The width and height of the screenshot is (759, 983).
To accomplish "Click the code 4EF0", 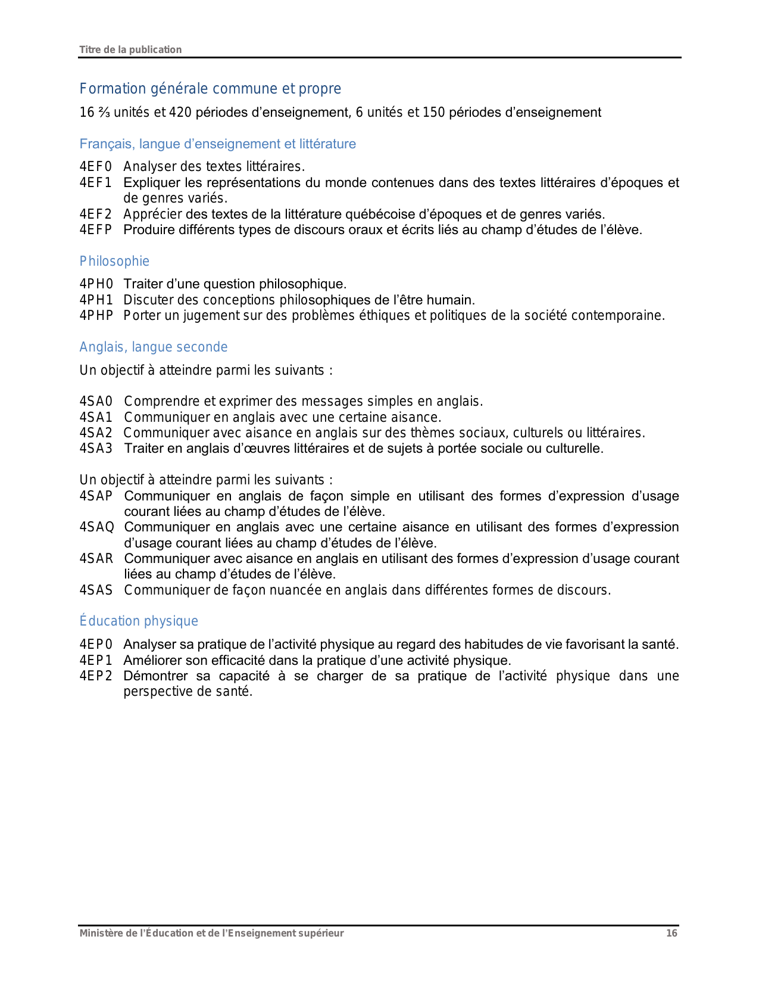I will click(x=96, y=167).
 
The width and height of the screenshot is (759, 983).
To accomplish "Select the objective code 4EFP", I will click(x=96, y=230).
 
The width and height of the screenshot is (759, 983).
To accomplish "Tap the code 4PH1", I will click(x=96, y=300).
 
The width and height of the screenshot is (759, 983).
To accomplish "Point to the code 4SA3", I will click(x=96, y=449).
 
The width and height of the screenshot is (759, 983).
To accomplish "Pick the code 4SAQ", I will click(x=96, y=527).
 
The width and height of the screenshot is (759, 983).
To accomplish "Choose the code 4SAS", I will click(x=96, y=590).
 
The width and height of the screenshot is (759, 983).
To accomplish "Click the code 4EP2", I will click(x=96, y=676).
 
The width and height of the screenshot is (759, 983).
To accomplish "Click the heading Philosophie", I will click(x=114, y=262).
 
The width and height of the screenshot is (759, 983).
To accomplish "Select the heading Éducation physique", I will click(x=139, y=621).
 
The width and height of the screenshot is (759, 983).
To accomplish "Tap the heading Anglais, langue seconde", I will click(x=154, y=347).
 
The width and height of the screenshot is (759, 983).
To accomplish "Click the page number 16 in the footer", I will click(x=671, y=934).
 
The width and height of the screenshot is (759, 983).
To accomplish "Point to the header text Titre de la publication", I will click(x=130, y=49).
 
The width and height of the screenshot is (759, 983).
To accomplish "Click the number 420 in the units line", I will click(x=180, y=113).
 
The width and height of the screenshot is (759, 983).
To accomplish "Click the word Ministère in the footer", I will click(x=99, y=934).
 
